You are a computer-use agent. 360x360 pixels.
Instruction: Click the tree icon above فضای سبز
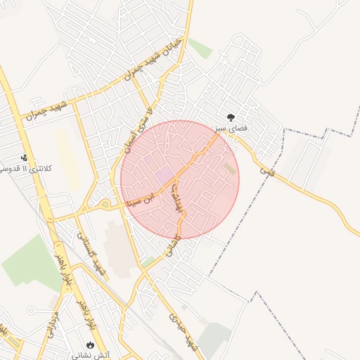coord(231,117)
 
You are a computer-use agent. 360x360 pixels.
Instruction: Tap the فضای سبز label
coord(231,129)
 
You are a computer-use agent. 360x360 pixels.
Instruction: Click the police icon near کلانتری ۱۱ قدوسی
coord(25,157)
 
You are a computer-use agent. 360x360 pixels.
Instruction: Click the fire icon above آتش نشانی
coord(90,345)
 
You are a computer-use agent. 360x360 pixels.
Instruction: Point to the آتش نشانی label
coord(91,355)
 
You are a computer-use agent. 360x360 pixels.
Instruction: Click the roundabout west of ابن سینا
coord(105,205)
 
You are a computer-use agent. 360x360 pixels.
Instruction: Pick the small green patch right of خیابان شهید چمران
coord(200,48)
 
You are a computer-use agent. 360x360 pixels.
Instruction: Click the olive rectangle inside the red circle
coord(230,169)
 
